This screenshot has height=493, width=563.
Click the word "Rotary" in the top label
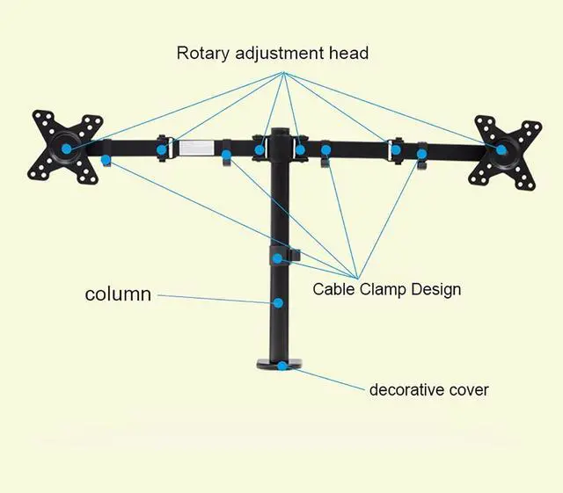pos(202,53)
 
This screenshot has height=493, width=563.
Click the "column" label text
pos(118,294)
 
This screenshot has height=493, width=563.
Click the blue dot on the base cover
pos(281,366)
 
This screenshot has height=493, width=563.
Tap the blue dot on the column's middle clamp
pos(278,257)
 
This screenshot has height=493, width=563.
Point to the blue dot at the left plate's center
pos(67,149)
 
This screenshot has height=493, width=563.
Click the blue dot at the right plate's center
pos(501,150)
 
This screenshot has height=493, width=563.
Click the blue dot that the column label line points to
pos(278,303)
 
